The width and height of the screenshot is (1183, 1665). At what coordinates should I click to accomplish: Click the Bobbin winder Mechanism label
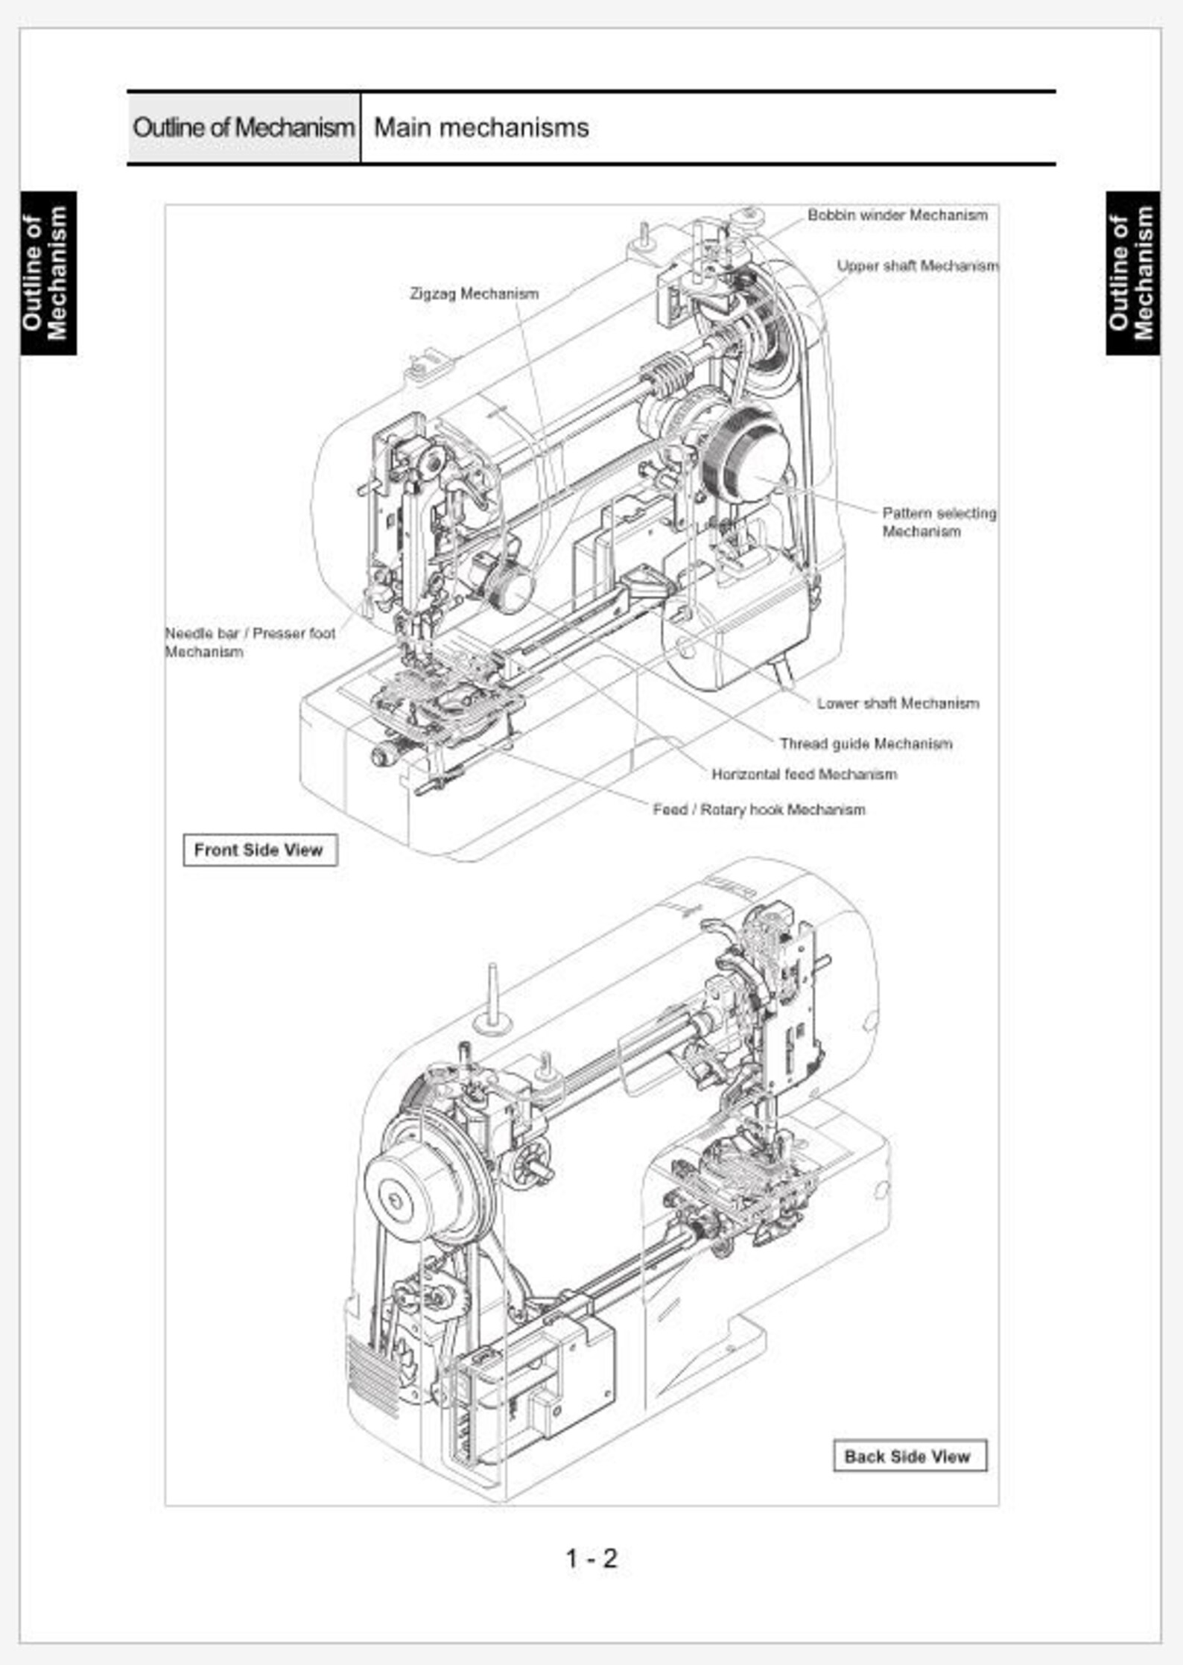coord(897,215)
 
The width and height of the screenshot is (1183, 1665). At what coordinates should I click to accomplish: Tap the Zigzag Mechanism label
coord(474,294)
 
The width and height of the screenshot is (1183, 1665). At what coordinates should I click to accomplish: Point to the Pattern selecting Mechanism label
coord(938,522)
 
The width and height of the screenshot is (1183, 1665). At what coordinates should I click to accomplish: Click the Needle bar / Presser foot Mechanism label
coord(250,642)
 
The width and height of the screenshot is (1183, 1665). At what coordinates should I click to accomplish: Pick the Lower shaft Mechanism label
coord(897,703)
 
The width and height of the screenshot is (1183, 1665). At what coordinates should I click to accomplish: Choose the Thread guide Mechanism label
coord(866,743)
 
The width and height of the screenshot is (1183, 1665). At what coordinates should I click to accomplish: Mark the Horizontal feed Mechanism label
coord(804,774)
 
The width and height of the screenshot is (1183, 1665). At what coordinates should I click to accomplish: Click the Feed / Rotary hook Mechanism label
coord(758,810)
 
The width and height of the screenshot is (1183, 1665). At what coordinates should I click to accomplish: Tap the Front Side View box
coord(259,850)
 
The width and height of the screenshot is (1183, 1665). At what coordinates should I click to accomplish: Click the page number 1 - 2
coord(591,1558)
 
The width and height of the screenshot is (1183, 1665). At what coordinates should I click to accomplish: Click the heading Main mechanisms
coord(481,127)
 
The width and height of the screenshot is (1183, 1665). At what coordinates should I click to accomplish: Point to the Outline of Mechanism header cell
coord(243,127)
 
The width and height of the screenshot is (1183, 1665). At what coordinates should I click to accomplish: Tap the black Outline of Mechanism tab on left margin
coord(48,273)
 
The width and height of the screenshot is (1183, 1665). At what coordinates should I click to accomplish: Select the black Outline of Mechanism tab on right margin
coord(1132,273)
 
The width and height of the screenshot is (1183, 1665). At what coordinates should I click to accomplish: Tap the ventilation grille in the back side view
coord(372,1376)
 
